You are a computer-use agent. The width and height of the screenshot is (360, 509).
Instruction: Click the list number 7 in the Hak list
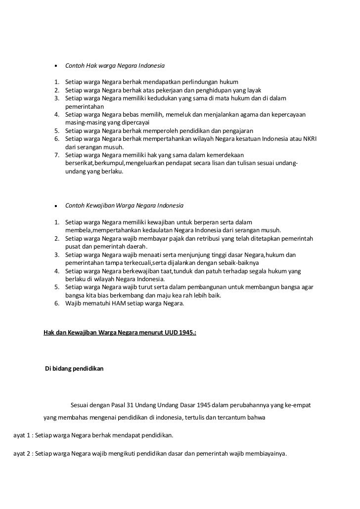point(57,156)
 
